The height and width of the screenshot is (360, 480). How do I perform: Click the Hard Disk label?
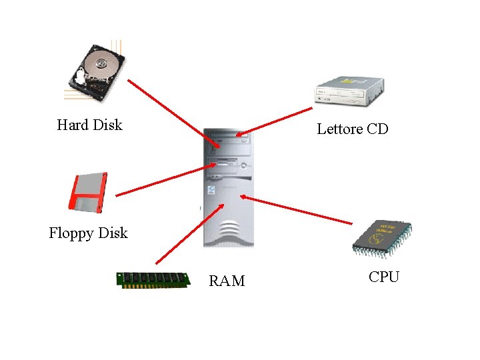coord(90,125)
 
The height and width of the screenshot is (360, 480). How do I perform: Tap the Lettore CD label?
coord(352,129)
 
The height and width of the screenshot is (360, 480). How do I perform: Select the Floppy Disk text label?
coord(88,233)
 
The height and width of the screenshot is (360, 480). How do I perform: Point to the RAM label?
coord(227,281)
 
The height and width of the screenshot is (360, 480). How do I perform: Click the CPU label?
coord(384,277)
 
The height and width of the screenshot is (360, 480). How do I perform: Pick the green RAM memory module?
coord(153,279)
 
